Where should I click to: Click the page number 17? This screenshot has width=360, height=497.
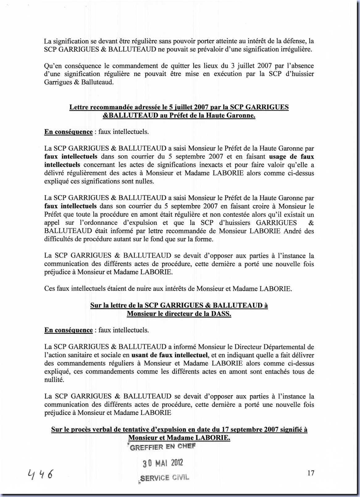(311, 473)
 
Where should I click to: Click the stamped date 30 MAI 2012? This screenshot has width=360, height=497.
(163, 463)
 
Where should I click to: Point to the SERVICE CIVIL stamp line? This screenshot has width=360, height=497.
(165, 478)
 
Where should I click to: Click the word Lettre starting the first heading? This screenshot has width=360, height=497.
(79, 107)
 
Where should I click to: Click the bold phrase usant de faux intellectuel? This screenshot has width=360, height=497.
(169, 355)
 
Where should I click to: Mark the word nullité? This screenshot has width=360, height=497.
(54, 380)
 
